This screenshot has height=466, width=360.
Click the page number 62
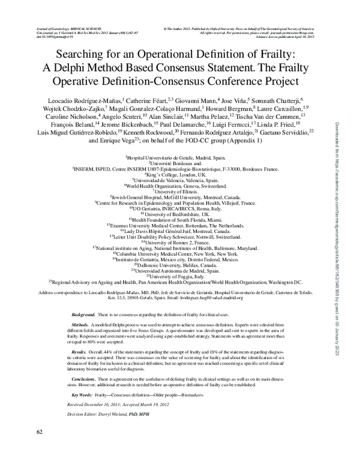click(x=40, y=432)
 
